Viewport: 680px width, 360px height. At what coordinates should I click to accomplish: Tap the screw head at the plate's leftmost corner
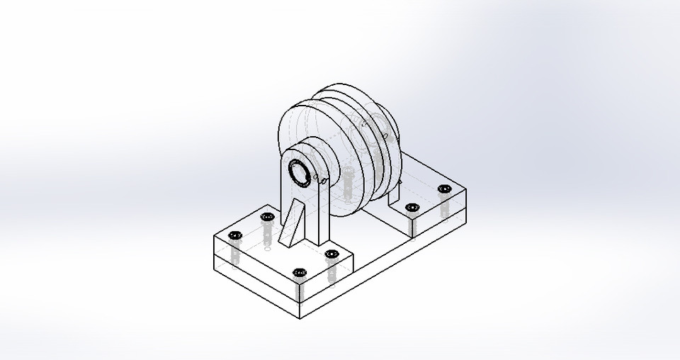[235, 235]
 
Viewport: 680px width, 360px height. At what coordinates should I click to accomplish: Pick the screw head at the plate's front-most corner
[299, 272]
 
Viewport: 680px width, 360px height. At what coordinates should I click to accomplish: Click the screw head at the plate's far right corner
[444, 189]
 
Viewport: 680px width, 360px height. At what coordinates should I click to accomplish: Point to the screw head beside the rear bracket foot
[412, 208]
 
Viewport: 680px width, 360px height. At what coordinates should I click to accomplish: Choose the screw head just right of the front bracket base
[330, 254]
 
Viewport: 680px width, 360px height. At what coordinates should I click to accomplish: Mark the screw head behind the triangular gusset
[266, 217]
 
